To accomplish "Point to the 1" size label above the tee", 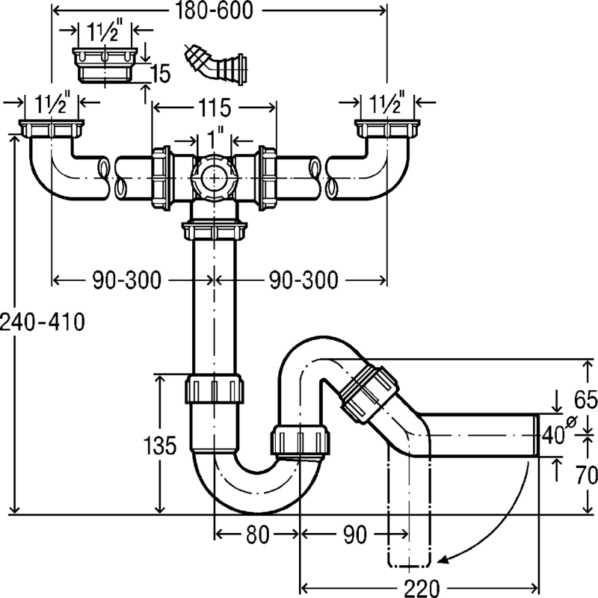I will [x=215, y=140].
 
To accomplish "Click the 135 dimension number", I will [x=160, y=446].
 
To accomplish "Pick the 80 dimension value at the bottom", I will [x=256, y=535].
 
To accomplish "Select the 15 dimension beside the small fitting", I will [x=159, y=73].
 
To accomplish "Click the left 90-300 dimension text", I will [x=127, y=280].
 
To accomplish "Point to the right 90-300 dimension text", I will [x=303, y=280].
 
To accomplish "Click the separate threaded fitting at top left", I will [x=105, y=64].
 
